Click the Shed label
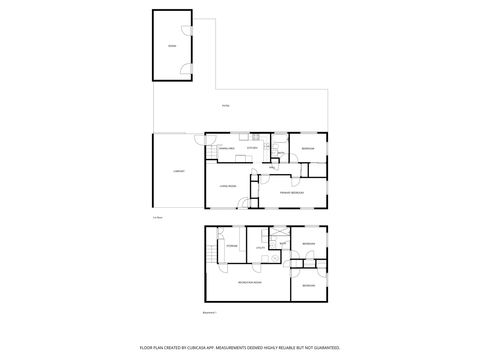[172, 46]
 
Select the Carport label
[178, 171]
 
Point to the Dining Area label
[226, 148]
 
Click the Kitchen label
[253, 148]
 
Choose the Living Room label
[227, 186]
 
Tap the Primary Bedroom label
[291, 193]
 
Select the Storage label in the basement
[230, 245]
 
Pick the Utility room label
[259, 247]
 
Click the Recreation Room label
[249, 283]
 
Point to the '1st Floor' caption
[157, 217]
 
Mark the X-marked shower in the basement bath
[281, 232]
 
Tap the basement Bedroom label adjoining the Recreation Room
[309, 285]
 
